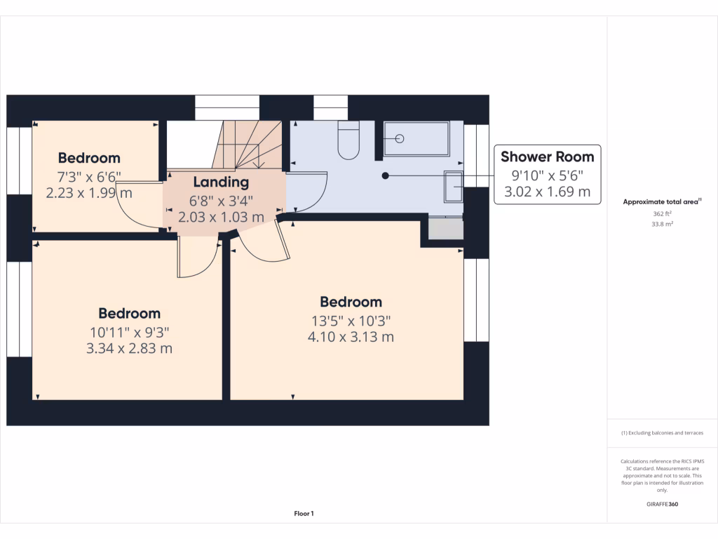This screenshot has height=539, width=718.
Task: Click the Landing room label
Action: pyautogui.click(x=221, y=182)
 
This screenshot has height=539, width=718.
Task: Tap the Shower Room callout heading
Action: pyautogui.click(x=547, y=157)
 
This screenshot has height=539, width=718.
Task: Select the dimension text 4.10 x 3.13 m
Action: pyautogui.click(x=351, y=337)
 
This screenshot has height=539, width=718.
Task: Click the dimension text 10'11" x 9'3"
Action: pyautogui.click(x=129, y=331)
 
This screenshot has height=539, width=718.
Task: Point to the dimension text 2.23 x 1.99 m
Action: pyautogui.click(x=89, y=193)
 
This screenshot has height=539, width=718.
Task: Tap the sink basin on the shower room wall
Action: pyautogui.click(x=454, y=186)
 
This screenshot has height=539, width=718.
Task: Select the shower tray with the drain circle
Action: pyautogui.click(x=416, y=138)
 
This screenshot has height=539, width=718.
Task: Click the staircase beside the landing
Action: pyautogui.click(x=248, y=144)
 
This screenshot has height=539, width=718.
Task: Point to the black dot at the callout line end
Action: pyautogui.click(x=385, y=175)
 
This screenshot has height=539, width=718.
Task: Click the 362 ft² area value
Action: pyautogui.click(x=662, y=214)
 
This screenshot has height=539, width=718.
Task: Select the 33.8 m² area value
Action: pyautogui.click(x=662, y=225)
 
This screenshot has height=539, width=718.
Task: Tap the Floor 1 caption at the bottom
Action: pyautogui.click(x=304, y=514)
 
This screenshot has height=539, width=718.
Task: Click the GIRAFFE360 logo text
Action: pyautogui.click(x=663, y=504)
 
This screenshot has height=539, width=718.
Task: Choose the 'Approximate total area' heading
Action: pyautogui.click(x=662, y=202)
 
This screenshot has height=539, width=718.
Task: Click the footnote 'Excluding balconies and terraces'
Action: pyautogui.click(x=662, y=433)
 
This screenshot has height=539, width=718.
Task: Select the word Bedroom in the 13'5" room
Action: pyautogui.click(x=351, y=302)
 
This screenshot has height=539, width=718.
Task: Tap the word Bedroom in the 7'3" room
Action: pyautogui.click(x=89, y=158)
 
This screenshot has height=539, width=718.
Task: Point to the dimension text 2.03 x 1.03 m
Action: pyautogui.click(x=221, y=218)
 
